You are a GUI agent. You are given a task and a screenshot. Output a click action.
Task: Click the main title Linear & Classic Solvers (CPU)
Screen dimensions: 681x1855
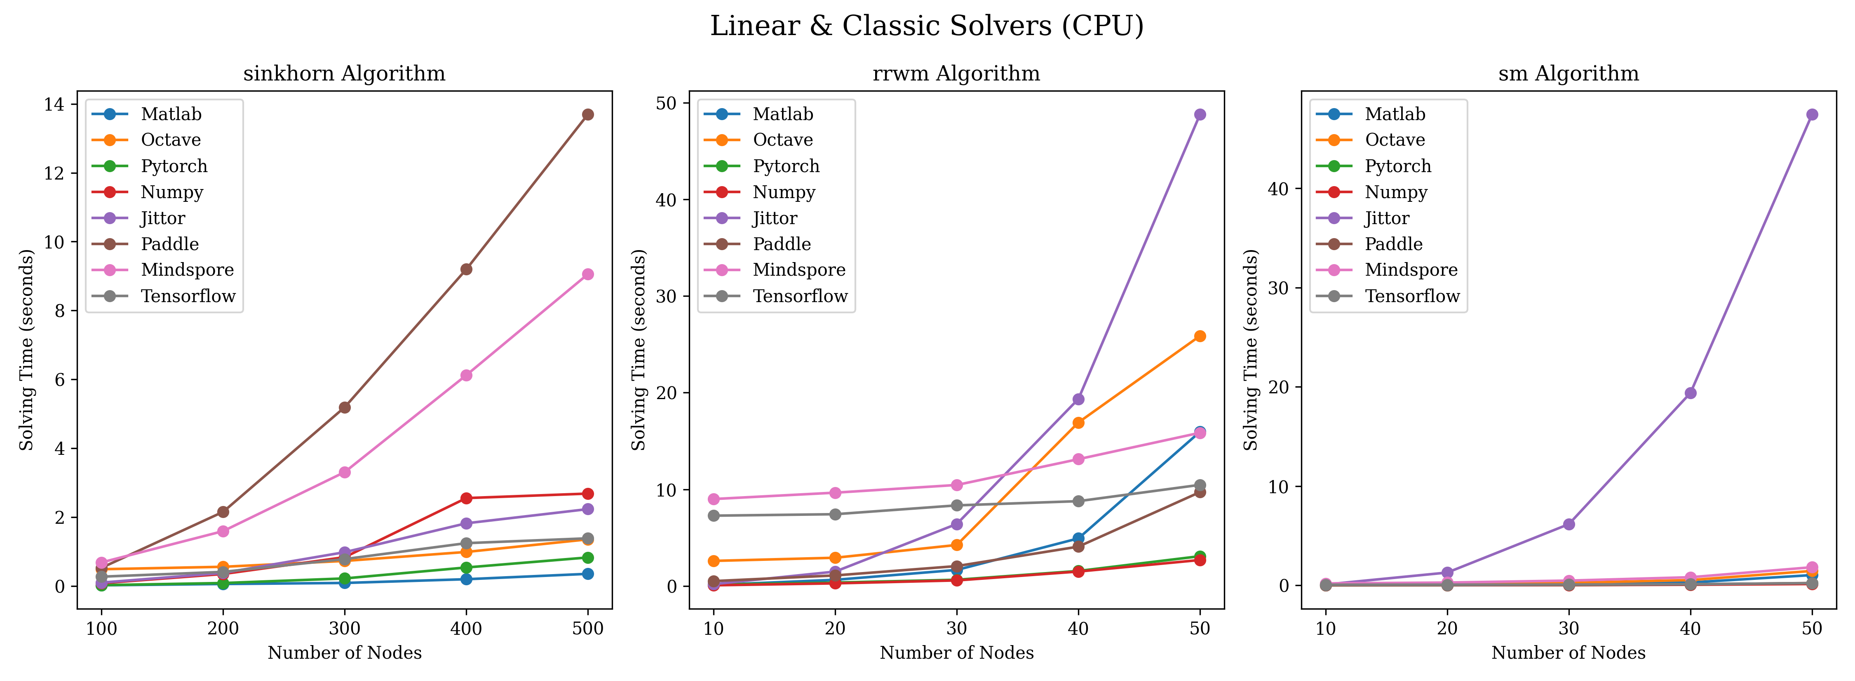927,26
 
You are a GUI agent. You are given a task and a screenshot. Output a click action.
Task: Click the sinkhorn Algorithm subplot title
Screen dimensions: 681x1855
344,73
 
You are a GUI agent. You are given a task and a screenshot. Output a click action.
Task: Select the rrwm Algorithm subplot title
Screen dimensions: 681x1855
956,73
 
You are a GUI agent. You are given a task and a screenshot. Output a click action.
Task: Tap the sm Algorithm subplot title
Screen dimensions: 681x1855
1569,73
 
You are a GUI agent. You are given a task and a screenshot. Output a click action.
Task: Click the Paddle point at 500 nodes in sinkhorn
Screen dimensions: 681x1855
587,115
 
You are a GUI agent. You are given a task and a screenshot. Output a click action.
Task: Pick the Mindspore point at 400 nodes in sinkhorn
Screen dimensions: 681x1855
466,376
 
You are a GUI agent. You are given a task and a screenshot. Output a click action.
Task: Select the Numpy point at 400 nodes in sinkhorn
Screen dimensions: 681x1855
466,498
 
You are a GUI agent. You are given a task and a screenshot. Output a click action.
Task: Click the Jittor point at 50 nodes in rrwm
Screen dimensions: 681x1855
1200,115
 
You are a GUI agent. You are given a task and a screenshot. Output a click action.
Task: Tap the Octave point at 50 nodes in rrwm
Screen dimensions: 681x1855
1200,336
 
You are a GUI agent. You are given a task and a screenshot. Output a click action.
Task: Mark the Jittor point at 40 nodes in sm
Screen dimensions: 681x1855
1690,393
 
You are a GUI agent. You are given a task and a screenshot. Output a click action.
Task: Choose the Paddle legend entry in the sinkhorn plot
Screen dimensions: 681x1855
169,244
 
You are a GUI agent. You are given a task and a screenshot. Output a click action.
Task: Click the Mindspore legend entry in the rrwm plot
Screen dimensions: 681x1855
798,270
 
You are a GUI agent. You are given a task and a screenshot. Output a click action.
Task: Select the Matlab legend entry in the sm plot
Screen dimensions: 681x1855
1394,114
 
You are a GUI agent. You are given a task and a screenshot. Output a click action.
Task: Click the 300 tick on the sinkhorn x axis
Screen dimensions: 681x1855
344,629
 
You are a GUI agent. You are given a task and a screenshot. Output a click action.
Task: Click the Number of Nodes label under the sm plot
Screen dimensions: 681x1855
1569,653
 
